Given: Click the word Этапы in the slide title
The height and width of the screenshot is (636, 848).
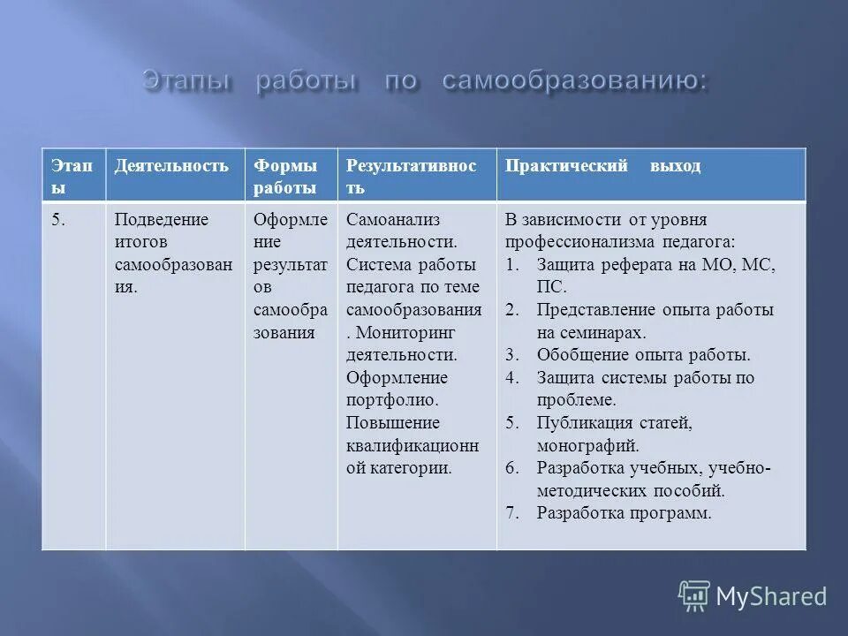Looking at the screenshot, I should (x=187, y=81).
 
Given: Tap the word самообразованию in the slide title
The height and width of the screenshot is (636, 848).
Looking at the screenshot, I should (x=574, y=81).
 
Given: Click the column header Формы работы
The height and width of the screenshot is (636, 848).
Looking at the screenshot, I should (x=285, y=177).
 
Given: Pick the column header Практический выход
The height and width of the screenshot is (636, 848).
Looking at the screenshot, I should (x=602, y=166).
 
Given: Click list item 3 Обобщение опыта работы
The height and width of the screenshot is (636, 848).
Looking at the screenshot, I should (x=643, y=355).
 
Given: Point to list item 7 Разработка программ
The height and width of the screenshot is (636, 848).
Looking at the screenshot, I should (x=624, y=512).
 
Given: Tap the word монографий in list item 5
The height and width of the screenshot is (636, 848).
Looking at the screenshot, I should (x=587, y=446).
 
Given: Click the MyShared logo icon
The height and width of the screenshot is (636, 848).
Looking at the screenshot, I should (x=694, y=595).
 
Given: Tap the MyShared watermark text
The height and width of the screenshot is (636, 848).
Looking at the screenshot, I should (x=771, y=596).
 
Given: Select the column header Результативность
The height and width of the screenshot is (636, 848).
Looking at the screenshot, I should (x=411, y=177).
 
